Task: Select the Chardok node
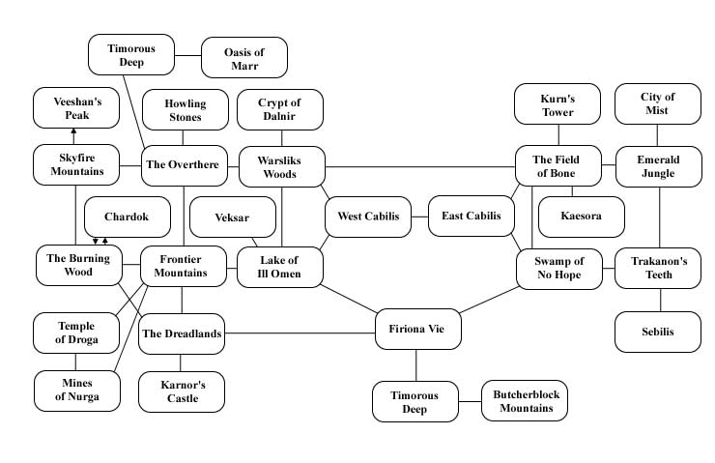click(128, 217)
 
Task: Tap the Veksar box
click(232, 217)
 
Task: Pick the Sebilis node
click(658, 332)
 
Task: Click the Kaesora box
click(581, 217)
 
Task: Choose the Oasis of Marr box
click(243, 57)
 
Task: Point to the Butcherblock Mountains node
click(525, 401)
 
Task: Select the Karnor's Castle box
click(182, 391)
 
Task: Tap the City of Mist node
click(658, 103)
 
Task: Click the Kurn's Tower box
click(558, 105)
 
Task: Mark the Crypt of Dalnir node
click(279, 109)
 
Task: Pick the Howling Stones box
click(184, 110)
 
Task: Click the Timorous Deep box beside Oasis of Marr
click(130, 54)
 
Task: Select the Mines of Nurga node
click(75, 391)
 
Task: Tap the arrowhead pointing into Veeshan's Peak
click(74, 131)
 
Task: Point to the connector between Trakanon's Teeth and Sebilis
click(661, 300)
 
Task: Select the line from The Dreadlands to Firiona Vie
click(300, 334)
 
